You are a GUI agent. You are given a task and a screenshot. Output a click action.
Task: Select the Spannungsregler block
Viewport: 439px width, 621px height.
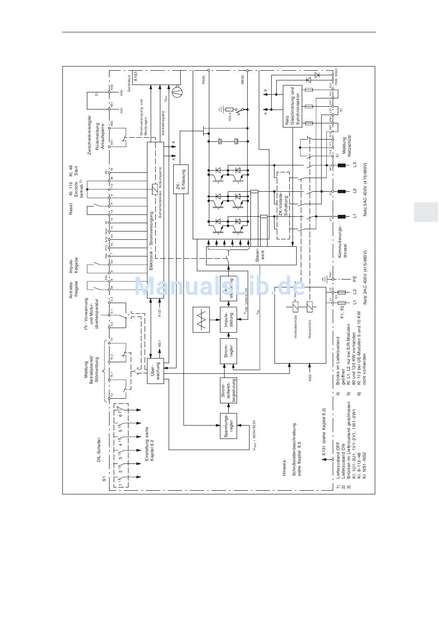pos(228,425)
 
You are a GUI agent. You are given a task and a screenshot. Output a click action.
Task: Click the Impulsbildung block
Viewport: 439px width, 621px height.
pos(228,319)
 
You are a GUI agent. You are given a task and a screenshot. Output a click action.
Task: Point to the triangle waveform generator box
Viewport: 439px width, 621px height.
pos(201,319)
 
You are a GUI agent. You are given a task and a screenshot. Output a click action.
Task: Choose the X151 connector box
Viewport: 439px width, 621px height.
pos(135,76)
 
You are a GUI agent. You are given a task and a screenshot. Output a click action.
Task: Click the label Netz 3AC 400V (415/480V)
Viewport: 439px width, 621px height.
pos(365,189)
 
